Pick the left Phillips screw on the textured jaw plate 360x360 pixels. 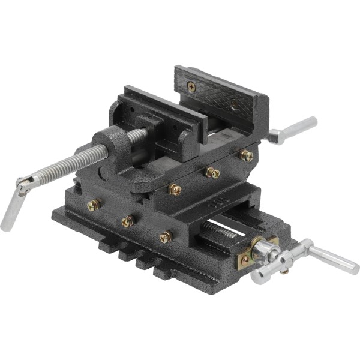point(191,86)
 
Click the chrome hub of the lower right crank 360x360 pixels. point(264,252)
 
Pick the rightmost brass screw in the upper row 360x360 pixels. point(246,155)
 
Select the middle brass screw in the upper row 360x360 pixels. point(212,173)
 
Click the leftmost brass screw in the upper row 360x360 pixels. point(175,190)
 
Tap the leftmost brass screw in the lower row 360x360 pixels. point(93,205)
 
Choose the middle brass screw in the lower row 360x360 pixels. point(127,222)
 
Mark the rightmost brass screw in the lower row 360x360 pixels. point(166,238)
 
